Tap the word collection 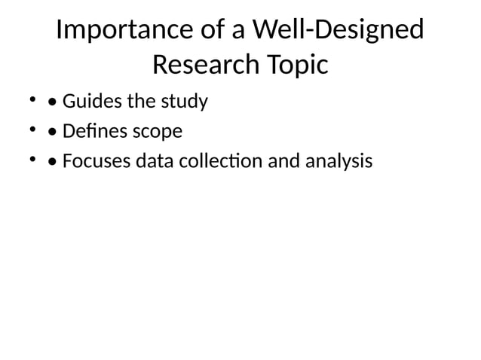pyautogui.click(x=216, y=162)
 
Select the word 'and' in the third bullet pyautogui.click(x=280, y=162)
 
